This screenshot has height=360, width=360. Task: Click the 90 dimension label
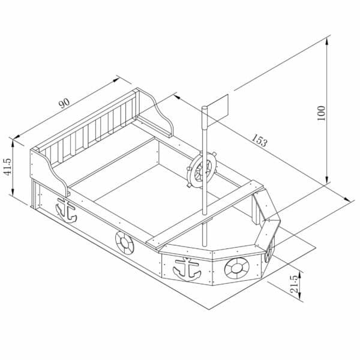pyautogui.click(x=64, y=103)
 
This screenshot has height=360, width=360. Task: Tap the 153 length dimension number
pyautogui.click(x=260, y=140)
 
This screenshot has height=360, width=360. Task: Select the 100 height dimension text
pyautogui.click(x=321, y=113)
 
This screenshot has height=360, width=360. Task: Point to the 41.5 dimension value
pyautogui.click(x=7, y=167)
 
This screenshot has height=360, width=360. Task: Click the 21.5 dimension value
pyautogui.click(x=295, y=284)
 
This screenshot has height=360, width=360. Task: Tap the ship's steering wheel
pyautogui.click(x=202, y=170)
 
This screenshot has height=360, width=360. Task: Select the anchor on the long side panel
pyautogui.click(x=67, y=210)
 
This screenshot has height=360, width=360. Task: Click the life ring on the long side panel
pyautogui.click(x=124, y=242)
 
